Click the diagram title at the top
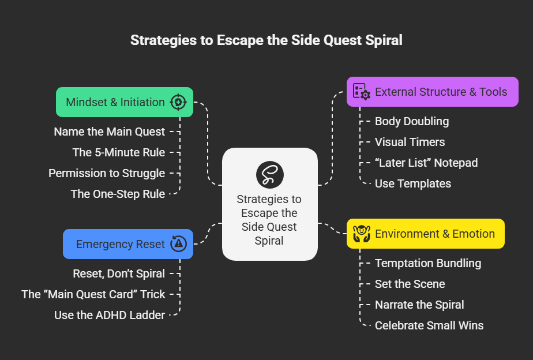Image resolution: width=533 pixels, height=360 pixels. point(266,40)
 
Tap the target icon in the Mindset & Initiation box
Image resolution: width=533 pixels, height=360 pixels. point(178,102)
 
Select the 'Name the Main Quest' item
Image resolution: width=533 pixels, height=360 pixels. point(109,132)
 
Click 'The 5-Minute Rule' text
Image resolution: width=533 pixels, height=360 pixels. point(118,152)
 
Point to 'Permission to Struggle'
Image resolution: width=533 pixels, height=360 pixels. point(106,173)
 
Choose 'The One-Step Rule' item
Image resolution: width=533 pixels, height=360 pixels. point(118,194)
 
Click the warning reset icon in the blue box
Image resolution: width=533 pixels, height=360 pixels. point(179,244)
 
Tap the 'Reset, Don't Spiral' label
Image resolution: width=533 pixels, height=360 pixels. point(119,273)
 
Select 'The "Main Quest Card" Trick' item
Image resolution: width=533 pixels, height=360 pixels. point(93,294)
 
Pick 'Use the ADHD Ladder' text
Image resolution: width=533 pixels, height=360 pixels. point(110,315)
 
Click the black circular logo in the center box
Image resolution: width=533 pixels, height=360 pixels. point(269,174)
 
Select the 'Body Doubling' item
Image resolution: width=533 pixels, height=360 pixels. point(411,121)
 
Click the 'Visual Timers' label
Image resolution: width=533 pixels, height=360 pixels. point(410,142)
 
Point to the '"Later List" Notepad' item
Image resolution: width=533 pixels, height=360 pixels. point(426,163)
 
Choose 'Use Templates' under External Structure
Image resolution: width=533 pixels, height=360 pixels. point(412,183)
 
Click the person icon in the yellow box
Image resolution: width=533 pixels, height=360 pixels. point(361,234)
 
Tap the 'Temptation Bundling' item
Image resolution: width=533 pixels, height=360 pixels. point(427,263)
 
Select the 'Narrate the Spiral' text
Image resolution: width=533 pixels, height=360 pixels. point(419,305)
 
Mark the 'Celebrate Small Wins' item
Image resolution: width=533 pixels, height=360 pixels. point(429,325)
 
